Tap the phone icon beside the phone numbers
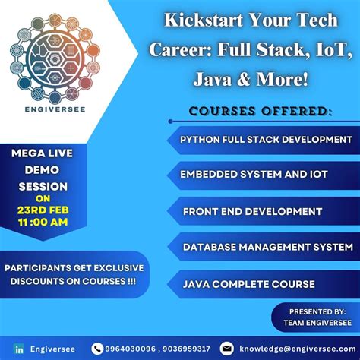97,348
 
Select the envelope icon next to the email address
226,348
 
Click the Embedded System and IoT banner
253,175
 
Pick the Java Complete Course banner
248,284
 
